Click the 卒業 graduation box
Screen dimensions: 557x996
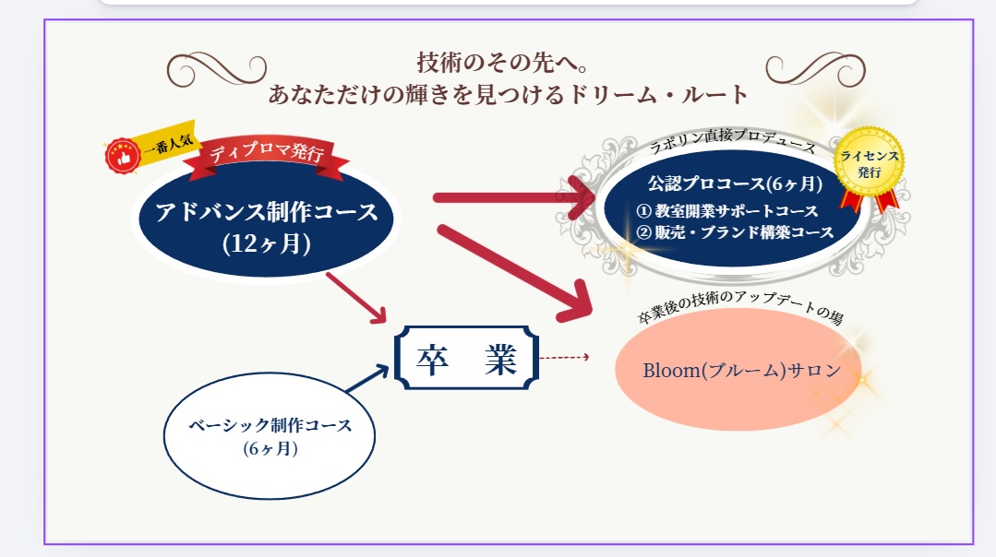click(466, 359)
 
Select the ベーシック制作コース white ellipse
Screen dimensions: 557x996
click(270, 437)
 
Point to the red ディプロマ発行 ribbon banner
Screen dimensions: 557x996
click(266, 155)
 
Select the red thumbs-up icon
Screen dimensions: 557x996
click(122, 156)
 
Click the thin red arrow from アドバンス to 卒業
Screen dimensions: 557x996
click(356, 297)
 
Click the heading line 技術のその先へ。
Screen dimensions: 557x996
click(503, 64)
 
